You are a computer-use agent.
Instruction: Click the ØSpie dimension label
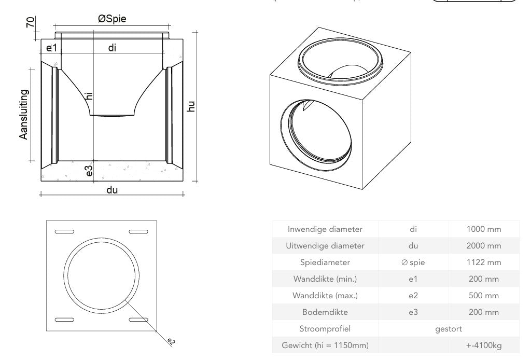click(x=112, y=19)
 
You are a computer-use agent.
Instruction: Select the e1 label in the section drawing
click(x=50, y=48)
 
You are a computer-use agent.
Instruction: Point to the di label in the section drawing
click(x=112, y=48)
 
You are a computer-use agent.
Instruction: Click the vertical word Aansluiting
click(x=24, y=114)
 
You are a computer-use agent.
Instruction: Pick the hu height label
click(x=191, y=106)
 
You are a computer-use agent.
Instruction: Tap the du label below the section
click(x=112, y=190)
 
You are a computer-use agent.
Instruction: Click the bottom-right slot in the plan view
click(x=138, y=319)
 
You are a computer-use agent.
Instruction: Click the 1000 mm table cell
click(x=483, y=229)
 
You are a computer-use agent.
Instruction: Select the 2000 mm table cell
click(x=483, y=246)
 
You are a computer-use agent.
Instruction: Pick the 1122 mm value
click(x=483, y=262)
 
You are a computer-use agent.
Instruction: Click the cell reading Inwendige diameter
click(x=325, y=229)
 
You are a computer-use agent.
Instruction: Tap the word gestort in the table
click(x=449, y=329)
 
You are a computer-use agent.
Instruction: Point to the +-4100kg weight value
click(x=483, y=345)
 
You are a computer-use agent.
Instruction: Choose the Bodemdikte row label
click(x=325, y=312)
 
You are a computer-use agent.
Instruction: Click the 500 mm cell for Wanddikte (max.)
click(x=483, y=296)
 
